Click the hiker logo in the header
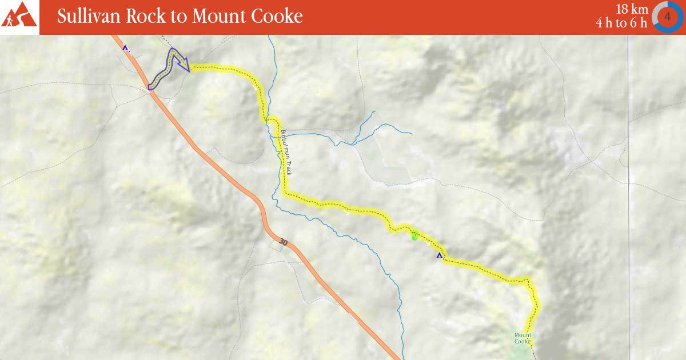pyautogui.click(x=19, y=16)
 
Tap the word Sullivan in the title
pyautogui.click(x=88, y=17)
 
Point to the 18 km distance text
pyautogui.click(x=631, y=9)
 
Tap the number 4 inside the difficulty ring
pyautogui.click(x=667, y=17)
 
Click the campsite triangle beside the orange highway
pyautogui.click(x=125, y=48)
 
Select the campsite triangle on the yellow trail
pyautogui.click(x=440, y=255)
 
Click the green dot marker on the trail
pyautogui.click(x=415, y=237)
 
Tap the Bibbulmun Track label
pyautogui.click(x=286, y=153)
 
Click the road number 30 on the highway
pyautogui.click(x=283, y=242)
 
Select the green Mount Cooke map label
pyautogui.click(x=523, y=338)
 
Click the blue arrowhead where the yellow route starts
pyautogui.click(x=186, y=66)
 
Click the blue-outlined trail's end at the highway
pyautogui.click(x=150, y=87)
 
